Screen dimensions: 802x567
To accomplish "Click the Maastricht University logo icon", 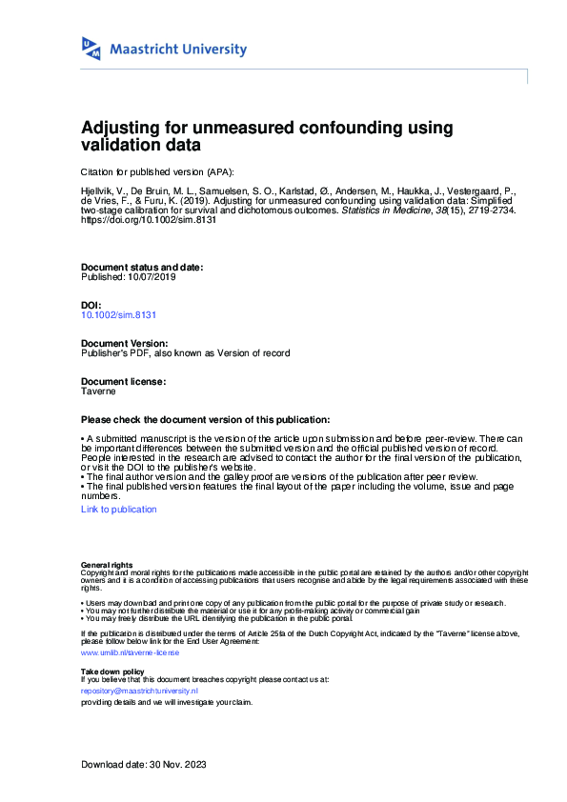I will click(x=92, y=50).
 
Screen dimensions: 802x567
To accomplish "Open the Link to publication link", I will click(x=119, y=510).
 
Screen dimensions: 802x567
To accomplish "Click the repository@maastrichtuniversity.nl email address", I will click(x=139, y=690).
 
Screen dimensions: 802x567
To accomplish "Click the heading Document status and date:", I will click(x=142, y=268).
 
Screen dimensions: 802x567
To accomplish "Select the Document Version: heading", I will click(x=124, y=343).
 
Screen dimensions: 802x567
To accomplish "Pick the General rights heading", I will click(x=107, y=565).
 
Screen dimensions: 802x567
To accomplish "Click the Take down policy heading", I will click(x=112, y=672).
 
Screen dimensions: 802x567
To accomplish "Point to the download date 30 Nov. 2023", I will click(x=176, y=765).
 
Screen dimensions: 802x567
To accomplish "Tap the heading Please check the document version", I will click(x=206, y=420).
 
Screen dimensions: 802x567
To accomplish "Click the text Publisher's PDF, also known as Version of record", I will click(x=186, y=352).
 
